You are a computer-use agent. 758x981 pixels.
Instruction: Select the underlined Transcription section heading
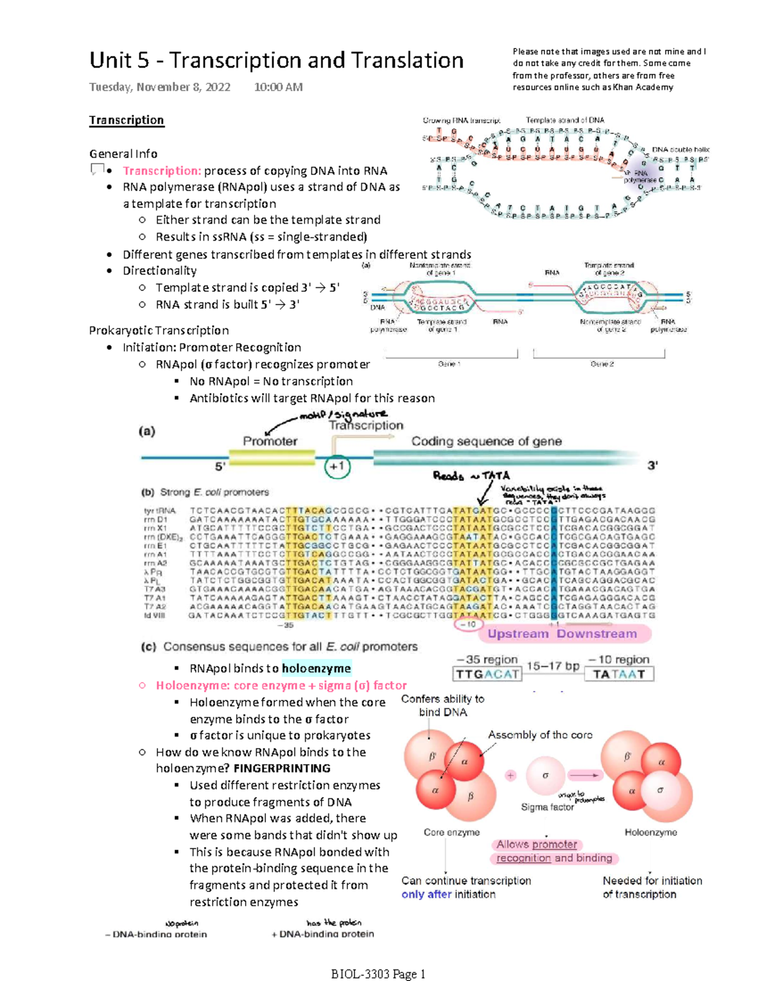[x=126, y=120]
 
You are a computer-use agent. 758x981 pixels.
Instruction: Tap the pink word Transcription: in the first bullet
[x=162, y=171]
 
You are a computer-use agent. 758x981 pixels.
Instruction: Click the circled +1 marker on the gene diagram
[x=337, y=467]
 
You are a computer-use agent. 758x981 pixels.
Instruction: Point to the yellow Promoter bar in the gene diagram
[x=271, y=457]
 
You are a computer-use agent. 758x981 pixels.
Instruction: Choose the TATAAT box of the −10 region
[x=619, y=674]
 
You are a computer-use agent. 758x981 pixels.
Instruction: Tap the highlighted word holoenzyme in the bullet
[x=316, y=668]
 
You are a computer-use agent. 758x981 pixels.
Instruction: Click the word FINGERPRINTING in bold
[x=282, y=768]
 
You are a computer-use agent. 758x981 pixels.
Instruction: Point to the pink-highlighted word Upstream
[x=518, y=634]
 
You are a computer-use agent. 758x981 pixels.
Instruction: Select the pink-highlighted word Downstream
[x=596, y=634]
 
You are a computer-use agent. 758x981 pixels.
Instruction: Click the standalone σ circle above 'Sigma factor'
[x=545, y=775]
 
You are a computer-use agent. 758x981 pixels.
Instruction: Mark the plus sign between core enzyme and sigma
[x=510, y=775]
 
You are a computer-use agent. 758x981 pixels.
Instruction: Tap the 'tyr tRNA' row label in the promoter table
[x=159, y=510]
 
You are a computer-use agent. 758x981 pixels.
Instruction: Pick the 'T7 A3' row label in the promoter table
[x=154, y=589]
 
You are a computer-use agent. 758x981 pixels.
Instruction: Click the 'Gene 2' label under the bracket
[x=602, y=364]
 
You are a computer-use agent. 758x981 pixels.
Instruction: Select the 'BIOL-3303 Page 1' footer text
[x=378, y=974]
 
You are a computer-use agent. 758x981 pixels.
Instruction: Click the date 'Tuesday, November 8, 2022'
[x=160, y=87]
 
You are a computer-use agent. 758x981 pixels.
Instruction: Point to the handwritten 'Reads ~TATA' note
[x=471, y=476]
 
